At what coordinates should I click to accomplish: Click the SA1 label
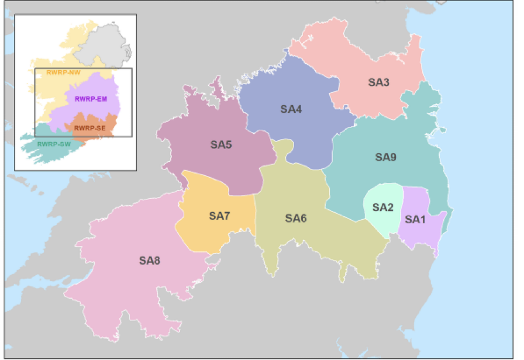(x=414, y=220)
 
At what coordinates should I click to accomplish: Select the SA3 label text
(x=379, y=82)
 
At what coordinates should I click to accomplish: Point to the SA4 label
(x=291, y=109)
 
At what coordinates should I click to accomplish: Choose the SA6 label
(x=296, y=218)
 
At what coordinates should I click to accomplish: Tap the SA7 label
(x=220, y=216)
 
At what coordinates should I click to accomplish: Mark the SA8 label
(x=150, y=261)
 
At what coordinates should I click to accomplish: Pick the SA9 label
(x=386, y=157)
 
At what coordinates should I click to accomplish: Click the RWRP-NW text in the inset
(x=63, y=73)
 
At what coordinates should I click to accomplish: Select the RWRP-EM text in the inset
(x=91, y=99)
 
